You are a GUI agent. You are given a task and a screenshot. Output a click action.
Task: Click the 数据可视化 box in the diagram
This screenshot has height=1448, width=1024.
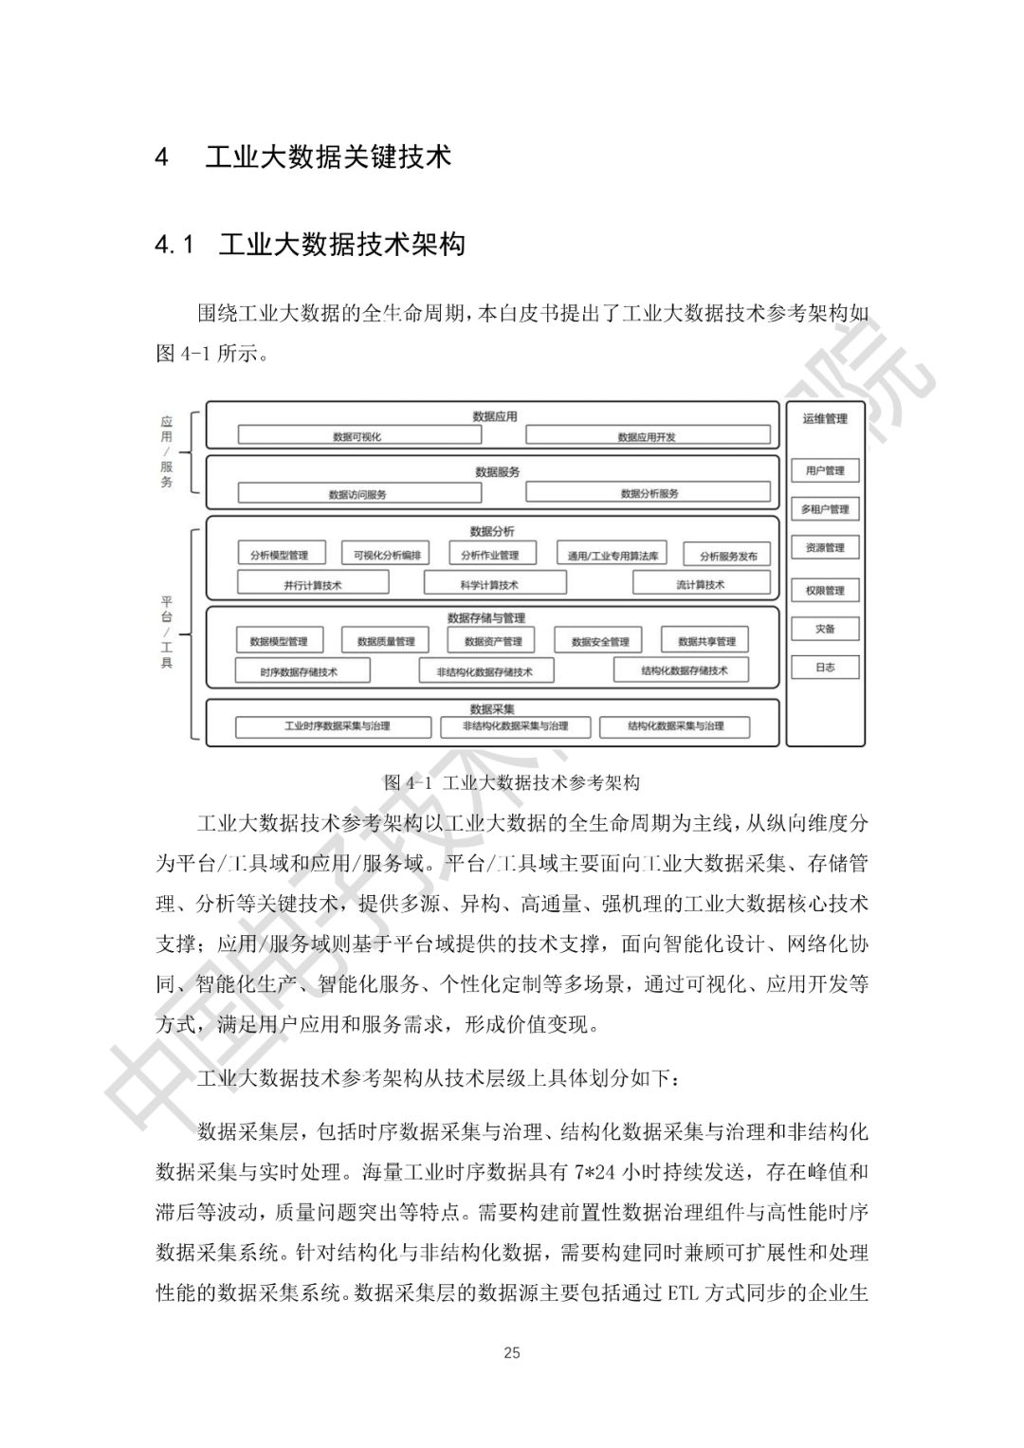tap(357, 436)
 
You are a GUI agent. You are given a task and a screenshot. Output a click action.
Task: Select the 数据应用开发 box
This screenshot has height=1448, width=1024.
tap(647, 436)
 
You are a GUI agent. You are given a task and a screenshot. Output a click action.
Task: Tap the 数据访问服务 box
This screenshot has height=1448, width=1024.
tap(357, 493)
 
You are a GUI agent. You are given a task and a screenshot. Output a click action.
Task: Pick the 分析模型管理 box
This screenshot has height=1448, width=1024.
tap(279, 555)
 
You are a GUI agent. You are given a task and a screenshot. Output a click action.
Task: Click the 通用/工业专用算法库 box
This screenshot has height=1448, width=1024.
tap(613, 555)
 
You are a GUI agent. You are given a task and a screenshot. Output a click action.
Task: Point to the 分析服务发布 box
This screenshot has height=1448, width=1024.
tap(728, 556)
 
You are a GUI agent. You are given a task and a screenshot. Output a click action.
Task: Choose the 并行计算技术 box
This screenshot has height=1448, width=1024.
tap(312, 584)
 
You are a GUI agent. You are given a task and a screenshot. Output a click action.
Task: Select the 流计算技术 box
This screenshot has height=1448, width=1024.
tap(700, 584)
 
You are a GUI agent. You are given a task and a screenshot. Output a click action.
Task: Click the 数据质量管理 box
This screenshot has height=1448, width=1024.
tap(386, 641)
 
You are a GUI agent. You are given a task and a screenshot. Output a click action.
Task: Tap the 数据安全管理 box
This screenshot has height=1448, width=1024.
tap(599, 641)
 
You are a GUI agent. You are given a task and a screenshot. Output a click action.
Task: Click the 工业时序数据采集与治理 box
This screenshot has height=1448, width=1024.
tap(337, 726)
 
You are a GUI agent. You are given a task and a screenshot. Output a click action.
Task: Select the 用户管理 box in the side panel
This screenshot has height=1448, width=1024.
tap(825, 470)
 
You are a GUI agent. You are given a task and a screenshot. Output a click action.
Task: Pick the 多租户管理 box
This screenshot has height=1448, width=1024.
tap(825, 509)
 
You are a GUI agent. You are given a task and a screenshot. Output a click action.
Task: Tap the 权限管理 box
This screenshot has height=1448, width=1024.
tap(825, 590)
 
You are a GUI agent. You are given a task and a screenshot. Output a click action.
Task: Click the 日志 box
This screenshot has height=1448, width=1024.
tap(825, 667)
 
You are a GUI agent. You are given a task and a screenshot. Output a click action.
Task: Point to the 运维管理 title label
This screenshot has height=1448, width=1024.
tap(825, 418)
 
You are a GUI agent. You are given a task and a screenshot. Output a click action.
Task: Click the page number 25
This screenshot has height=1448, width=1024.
tap(512, 1352)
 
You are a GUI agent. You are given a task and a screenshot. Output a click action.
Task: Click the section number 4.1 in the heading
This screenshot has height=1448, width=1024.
tap(174, 246)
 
